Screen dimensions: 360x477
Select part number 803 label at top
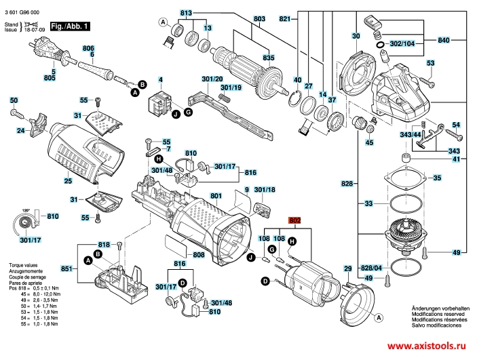click(240, 18)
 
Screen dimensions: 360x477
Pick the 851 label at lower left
click(66, 269)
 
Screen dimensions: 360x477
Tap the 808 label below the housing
click(199, 255)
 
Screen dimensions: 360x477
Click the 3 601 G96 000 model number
click(21, 6)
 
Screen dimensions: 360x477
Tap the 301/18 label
click(264, 190)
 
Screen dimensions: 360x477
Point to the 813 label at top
click(187, 14)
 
